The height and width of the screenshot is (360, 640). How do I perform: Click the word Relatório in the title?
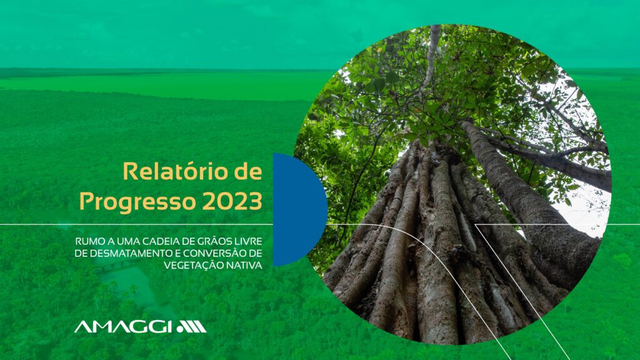point(175,171)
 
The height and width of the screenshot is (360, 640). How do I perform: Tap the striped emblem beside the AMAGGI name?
point(191,326)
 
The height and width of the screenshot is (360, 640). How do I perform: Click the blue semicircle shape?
point(300,210)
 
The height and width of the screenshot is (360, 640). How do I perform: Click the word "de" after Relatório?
point(247,171)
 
